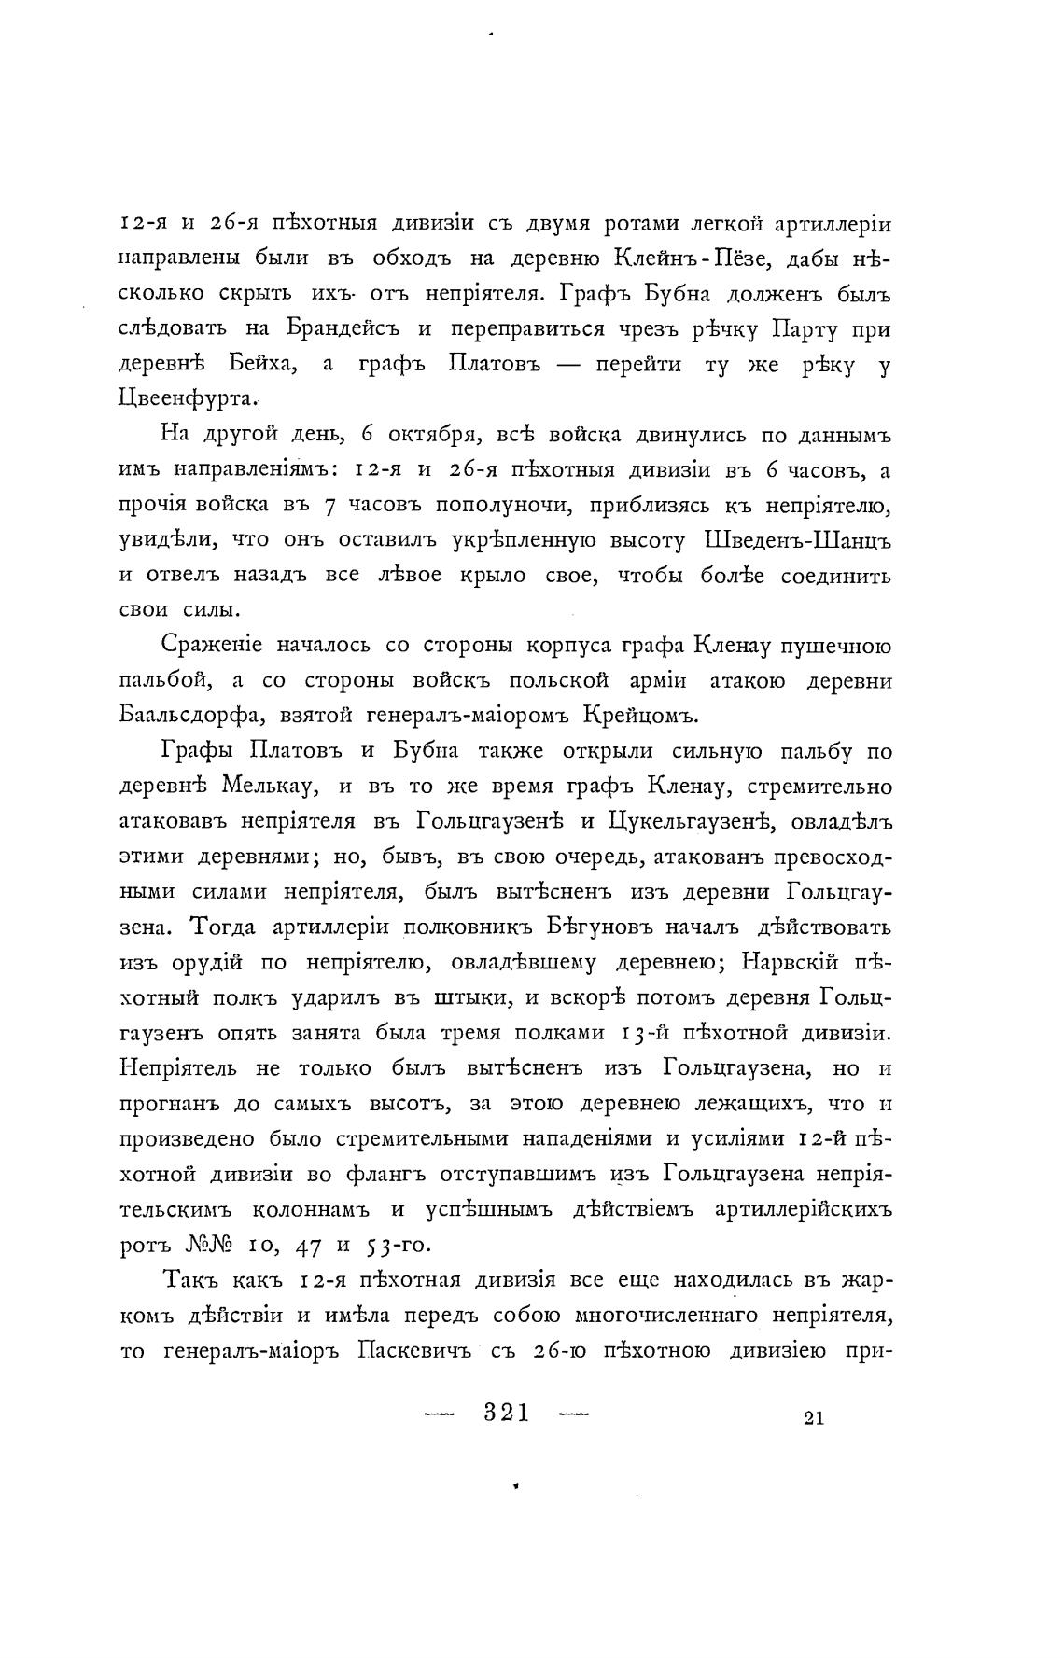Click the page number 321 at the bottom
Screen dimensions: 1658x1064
[x=507, y=1413]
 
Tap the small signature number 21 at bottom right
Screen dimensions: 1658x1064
[x=812, y=1418]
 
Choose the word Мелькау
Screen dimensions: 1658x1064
[x=271, y=787]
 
